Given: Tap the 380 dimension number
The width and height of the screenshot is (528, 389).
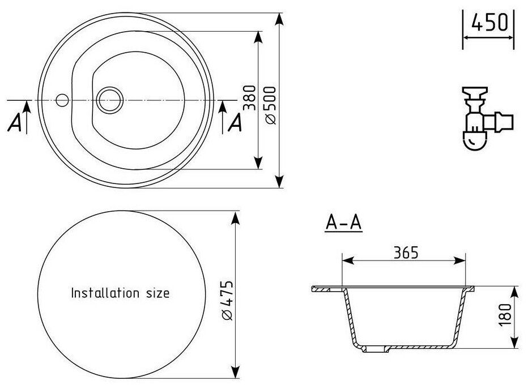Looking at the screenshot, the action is click(250, 97).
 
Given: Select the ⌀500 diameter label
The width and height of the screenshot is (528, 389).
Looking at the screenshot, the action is click(269, 105).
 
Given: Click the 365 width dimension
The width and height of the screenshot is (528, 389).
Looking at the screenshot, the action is click(404, 253).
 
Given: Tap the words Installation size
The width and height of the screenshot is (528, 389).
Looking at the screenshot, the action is click(120, 293).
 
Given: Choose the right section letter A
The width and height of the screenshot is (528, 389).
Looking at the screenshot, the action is click(235, 122).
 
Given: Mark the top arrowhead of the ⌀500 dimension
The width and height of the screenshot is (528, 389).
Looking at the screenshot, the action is click(279, 19).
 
